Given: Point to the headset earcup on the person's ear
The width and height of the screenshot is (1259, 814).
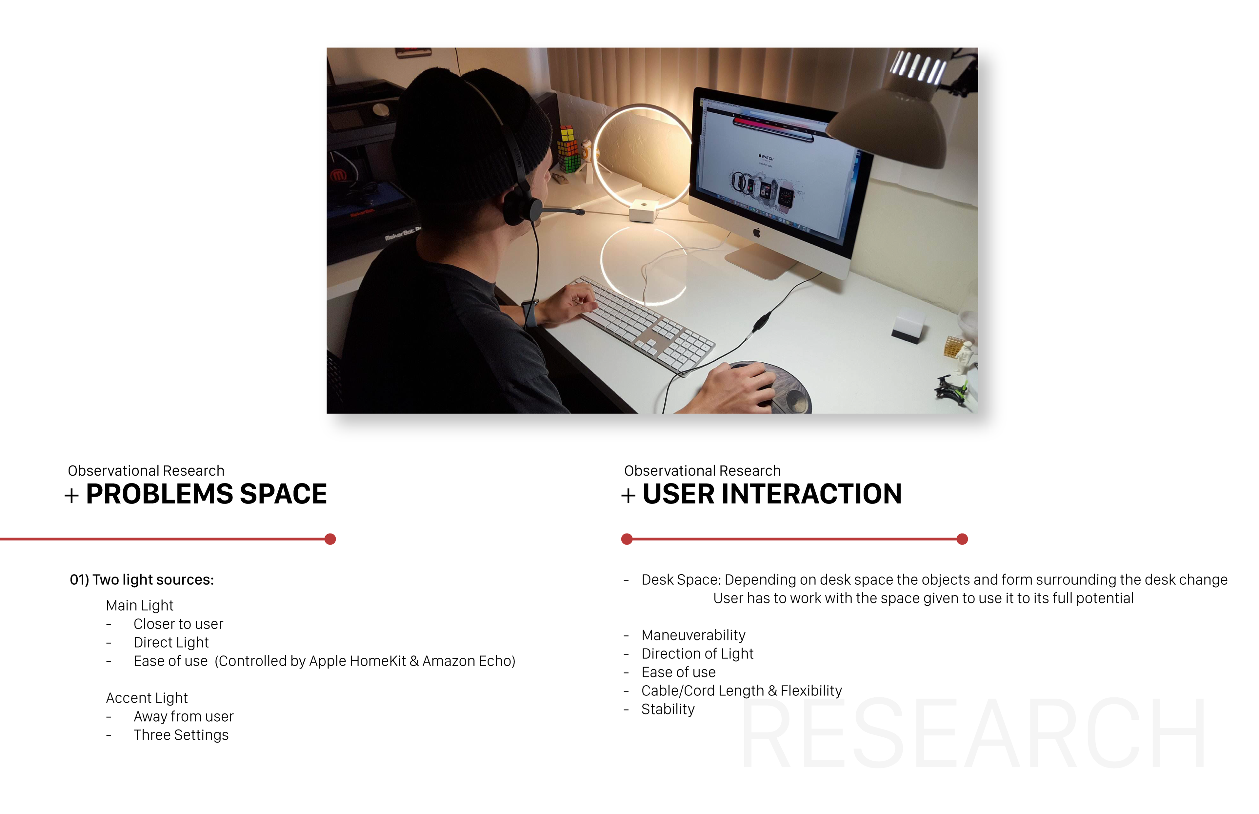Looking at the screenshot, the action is click(x=518, y=206).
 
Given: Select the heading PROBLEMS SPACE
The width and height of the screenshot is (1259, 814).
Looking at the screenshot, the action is click(x=206, y=494).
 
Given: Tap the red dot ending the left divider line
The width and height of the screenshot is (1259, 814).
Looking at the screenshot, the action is click(x=330, y=539).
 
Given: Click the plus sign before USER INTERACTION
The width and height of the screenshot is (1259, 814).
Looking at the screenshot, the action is click(x=628, y=496).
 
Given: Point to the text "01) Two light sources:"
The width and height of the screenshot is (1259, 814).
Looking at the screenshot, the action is click(x=142, y=580).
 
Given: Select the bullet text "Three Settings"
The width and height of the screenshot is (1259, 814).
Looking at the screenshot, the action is click(x=181, y=735).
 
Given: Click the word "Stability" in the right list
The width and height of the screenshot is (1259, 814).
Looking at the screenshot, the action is click(x=668, y=710).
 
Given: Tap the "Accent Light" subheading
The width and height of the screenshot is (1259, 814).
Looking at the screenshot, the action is click(x=147, y=698).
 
